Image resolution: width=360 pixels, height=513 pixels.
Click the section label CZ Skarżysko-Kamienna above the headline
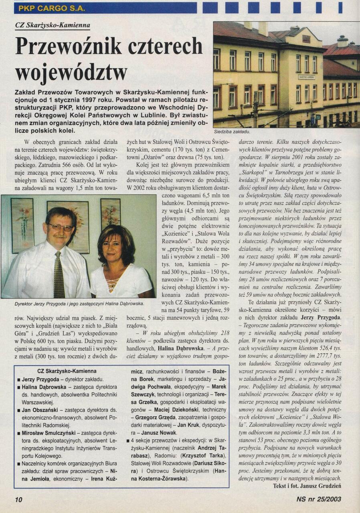53,25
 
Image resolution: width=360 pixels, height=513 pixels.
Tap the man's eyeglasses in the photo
60,227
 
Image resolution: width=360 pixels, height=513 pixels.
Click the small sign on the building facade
306,77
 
